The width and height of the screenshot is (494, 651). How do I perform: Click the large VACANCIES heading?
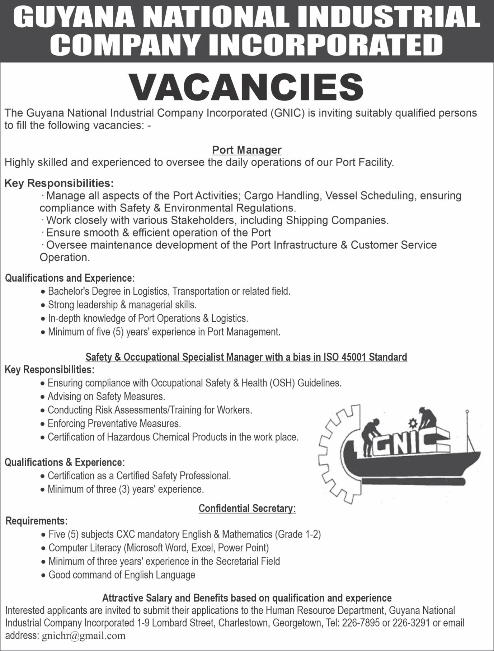coord(247,87)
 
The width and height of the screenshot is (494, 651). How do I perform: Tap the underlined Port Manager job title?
coord(247,150)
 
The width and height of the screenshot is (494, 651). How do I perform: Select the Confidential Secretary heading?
coord(247,508)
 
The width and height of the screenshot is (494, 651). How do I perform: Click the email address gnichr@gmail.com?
coord(84,636)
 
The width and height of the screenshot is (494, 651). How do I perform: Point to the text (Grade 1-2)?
coord(298,534)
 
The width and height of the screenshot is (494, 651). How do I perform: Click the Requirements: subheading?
coord(36,521)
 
